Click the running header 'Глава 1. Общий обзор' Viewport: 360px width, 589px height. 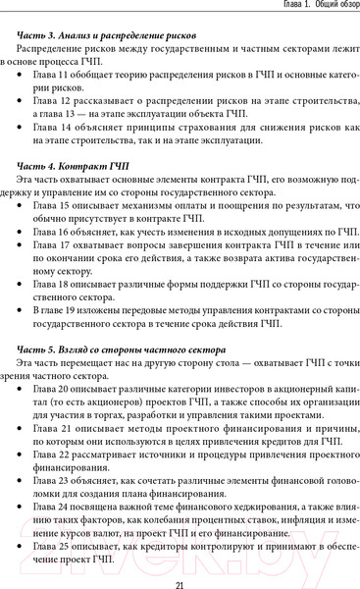(300, 7)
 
